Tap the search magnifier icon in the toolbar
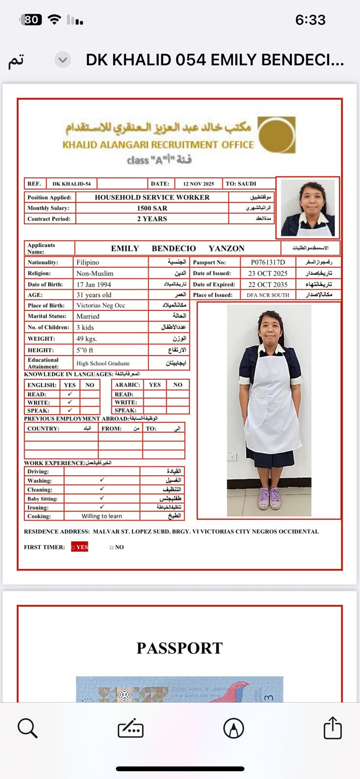tap(27, 728)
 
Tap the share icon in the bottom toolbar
tap(333, 728)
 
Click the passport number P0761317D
tap(267, 262)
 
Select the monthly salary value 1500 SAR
tap(152, 208)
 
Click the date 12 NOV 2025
tap(198, 184)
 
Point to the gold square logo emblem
tap(276, 135)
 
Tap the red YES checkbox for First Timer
tap(80, 547)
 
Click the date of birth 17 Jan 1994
tap(94, 284)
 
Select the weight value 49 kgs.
tap(87, 338)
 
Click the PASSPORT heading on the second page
tap(179, 648)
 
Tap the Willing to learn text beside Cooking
tap(102, 516)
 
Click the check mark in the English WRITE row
tap(70, 402)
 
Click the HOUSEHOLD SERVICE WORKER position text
tap(152, 197)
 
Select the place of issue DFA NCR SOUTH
tap(267, 295)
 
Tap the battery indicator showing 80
tap(31, 19)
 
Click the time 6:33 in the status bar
tap(310, 20)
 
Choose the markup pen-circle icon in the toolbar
tap(233, 728)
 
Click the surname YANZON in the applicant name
tap(227, 248)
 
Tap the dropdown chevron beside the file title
tap(62, 60)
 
